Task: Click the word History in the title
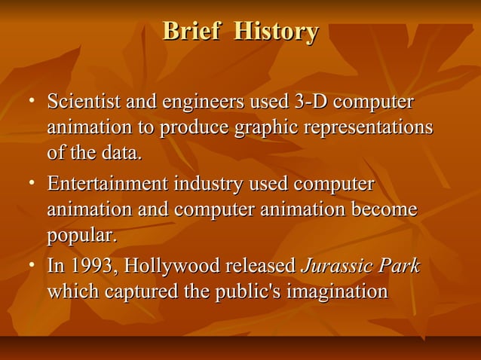tap(275, 32)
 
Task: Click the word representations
tap(367, 128)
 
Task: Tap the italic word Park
tap(398, 267)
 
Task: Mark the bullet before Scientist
tap(32, 102)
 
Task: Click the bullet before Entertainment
tap(32, 185)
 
